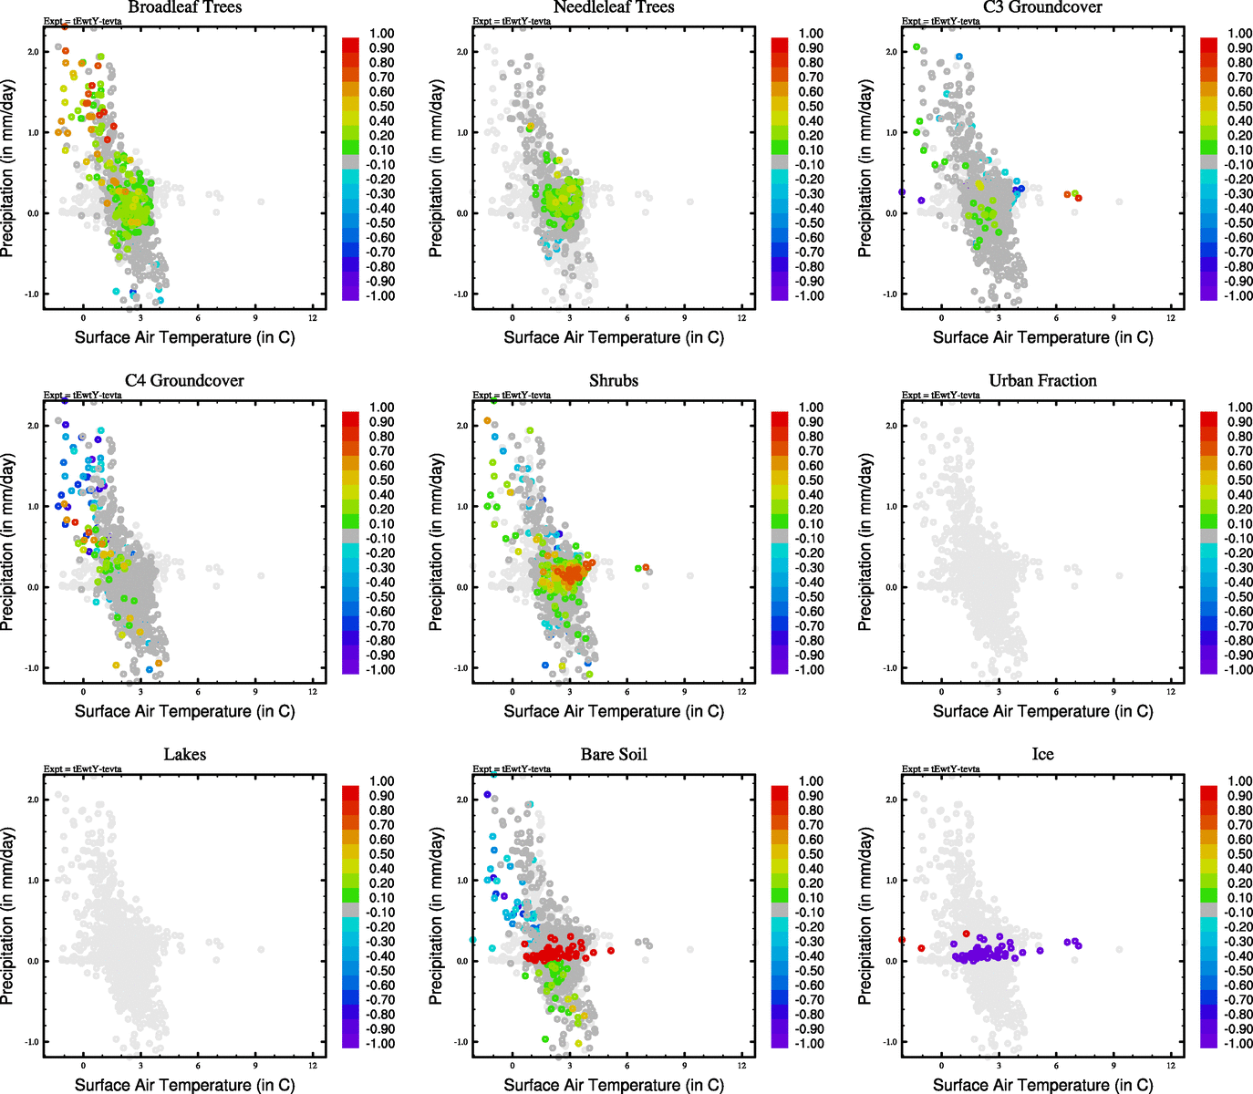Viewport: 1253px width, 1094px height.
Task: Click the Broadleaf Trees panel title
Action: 184,7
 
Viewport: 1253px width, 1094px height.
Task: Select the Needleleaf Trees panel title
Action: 613,7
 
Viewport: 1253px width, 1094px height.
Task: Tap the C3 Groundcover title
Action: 1042,7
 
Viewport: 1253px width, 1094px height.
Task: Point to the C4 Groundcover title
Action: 184,381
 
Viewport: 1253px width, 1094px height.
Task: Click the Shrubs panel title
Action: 613,381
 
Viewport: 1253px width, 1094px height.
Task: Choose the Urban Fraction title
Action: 1042,381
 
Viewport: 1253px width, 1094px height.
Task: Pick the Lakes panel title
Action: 184,755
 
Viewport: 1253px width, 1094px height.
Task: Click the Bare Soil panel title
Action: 613,755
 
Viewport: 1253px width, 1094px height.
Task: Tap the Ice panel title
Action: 1042,755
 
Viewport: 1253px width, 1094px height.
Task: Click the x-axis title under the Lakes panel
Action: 184,1085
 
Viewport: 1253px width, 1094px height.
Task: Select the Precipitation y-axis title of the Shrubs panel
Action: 436,543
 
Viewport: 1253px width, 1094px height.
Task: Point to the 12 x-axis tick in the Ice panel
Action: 1171,1065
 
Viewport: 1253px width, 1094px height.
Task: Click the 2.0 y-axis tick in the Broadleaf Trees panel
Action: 33,52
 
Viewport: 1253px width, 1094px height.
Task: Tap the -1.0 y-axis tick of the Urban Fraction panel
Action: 890,668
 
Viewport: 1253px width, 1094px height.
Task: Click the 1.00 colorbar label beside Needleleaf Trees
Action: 811,34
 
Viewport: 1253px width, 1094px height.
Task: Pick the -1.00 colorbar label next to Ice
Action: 1237,1044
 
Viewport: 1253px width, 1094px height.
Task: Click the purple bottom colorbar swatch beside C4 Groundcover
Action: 350,667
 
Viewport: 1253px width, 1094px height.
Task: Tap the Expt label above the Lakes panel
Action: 82,769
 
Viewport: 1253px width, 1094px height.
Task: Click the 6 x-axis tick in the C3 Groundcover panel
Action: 1056,317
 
